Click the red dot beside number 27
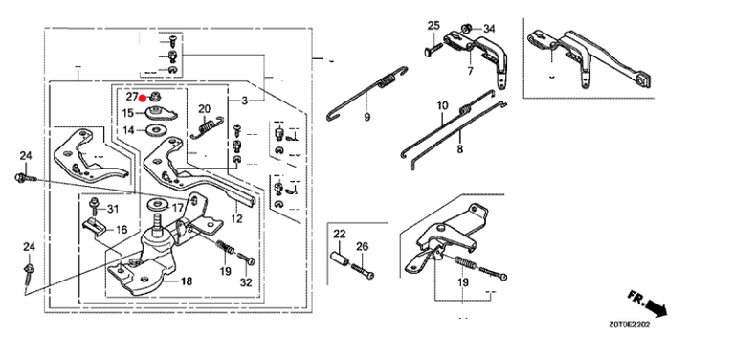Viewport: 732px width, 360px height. coord(143,99)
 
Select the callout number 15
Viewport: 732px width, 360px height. coord(128,113)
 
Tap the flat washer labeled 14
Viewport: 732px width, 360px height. coord(154,130)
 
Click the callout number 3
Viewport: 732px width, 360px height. coord(244,101)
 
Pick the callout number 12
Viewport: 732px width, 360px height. coord(236,218)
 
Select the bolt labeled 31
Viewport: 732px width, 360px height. coord(95,206)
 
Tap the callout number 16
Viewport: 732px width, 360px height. coord(122,229)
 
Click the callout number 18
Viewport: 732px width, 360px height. coord(187,281)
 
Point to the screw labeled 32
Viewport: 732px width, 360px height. coord(246,259)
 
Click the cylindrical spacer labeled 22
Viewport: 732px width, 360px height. coord(340,259)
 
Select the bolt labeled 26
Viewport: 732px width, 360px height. coord(362,271)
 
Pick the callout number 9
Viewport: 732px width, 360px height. coord(366,117)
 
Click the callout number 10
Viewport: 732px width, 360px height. coord(442,106)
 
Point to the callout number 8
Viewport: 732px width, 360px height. coord(460,149)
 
